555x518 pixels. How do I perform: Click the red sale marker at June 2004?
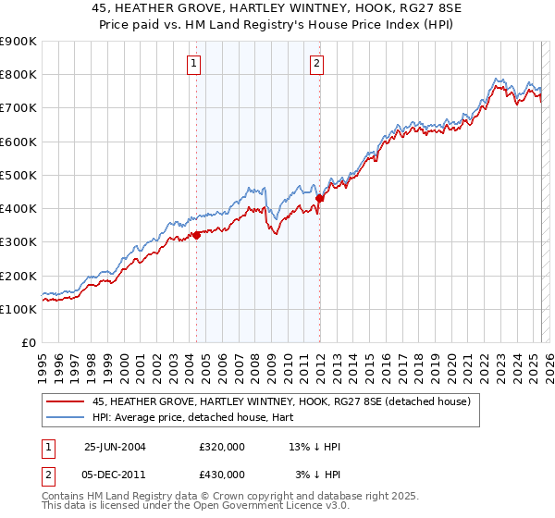[196, 235]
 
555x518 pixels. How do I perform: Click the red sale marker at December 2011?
[319, 198]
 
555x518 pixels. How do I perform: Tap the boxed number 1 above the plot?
[194, 64]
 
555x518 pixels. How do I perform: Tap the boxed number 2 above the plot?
[316, 64]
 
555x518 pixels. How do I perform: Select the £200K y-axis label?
[18, 276]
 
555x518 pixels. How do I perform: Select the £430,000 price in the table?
[222, 475]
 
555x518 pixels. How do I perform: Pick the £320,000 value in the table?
[222, 447]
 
